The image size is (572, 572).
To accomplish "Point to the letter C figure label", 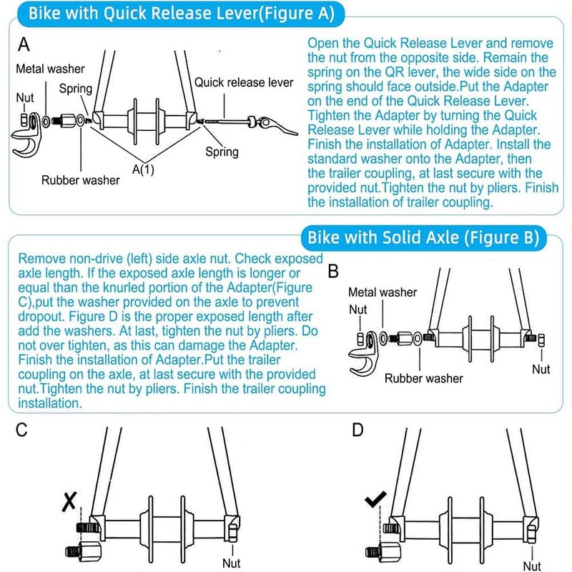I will pyautogui.click(x=22, y=430).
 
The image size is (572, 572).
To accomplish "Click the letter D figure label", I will pyautogui.click(x=358, y=430).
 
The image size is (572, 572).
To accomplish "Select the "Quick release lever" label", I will pyautogui.click(x=244, y=83).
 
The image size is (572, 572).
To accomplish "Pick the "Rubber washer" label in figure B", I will pyautogui.click(x=424, y=378).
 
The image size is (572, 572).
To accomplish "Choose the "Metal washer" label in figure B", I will pyautogui.click(x=381, y=292).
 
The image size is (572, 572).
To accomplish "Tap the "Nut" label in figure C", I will pyautogui.click(x=231, y=563).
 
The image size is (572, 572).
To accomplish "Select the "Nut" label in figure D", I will pyautogui.click(x=531, y=565).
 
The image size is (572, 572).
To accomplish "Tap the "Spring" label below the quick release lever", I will pyautogui.click(x=222, y=152).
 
